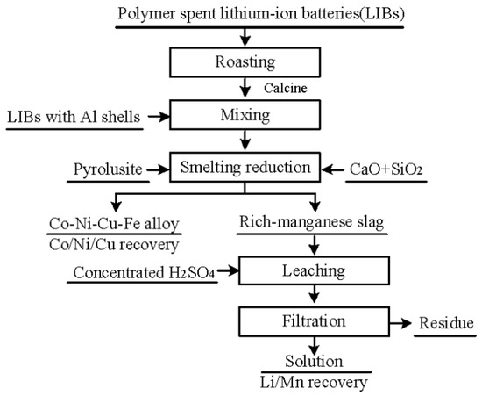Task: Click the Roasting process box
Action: (245, 63)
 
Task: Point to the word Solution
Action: (313, 362)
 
